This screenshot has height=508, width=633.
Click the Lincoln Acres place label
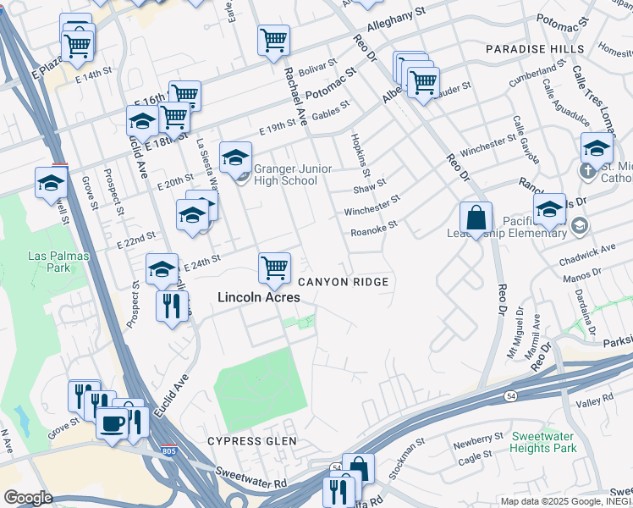(258, 297)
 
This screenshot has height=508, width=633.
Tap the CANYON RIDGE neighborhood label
(343, 282)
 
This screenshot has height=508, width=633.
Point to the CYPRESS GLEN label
(252, 441)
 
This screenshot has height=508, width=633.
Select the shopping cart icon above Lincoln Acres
(274, 268)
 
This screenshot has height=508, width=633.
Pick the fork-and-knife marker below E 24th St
(172, 306)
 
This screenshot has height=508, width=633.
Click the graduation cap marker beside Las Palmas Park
(50, 182)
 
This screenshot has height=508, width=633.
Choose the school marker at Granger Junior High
(235, 157)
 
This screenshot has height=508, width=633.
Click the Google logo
(28, 498)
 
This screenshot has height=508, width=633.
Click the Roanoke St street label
(373, 228)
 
